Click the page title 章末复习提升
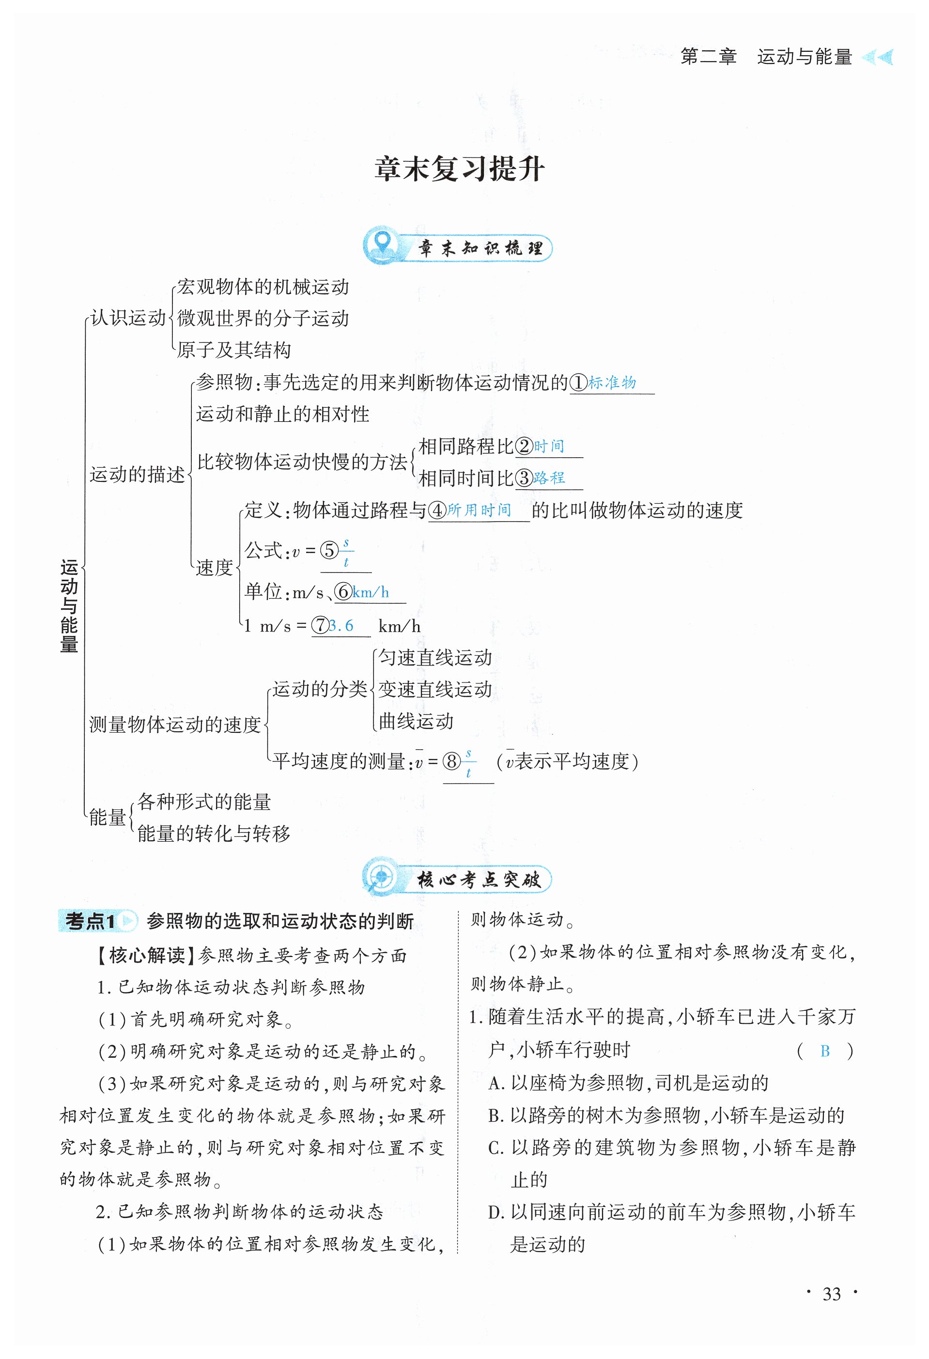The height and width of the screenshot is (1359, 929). click(460, 169)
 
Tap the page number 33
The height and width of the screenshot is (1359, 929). click(831, 1294)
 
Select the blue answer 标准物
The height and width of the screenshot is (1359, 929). click(612, 383)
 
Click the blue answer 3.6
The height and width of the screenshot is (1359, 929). click(341, 626)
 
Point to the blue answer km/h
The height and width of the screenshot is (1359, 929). click(371, 592)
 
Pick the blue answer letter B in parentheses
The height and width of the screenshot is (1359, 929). click(825, 1051)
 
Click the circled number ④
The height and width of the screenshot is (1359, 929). click(437, 510)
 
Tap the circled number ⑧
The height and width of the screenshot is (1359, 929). click(451, 761)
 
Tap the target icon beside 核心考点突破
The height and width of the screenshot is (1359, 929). click(381, 879)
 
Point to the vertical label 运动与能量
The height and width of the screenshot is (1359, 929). click(69, 606)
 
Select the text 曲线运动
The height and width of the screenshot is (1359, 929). click(416, 721)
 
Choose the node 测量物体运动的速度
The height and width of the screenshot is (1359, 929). click(175, 725)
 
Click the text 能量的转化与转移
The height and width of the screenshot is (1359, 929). click(214, 834)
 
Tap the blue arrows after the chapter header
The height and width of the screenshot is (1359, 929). click(878, 57)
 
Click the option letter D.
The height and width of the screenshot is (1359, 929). click(496, 1212)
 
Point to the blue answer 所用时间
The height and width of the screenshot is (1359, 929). click(480, 510)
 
